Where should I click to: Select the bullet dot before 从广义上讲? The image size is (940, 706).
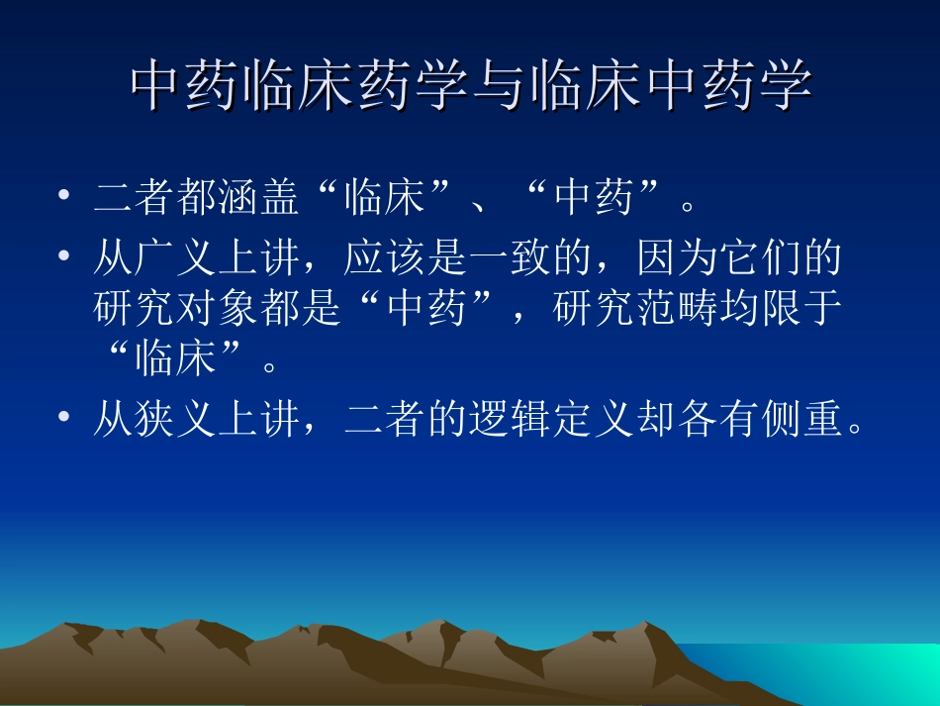64,254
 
